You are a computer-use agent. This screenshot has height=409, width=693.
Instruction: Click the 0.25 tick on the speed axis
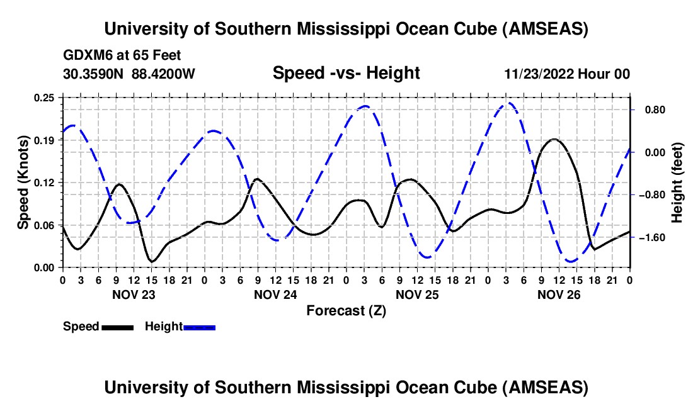pos(45,98)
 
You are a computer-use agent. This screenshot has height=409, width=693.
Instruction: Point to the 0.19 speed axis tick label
pos(45,140)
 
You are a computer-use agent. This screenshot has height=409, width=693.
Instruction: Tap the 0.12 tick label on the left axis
pos(45,182)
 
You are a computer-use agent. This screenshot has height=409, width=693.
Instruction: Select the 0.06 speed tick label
pos(45,225)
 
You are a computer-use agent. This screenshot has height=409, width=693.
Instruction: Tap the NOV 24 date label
pos(275,294)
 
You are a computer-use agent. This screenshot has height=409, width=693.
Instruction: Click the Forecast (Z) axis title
pos(346,310)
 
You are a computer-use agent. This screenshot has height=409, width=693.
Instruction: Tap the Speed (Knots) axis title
pos(23,182)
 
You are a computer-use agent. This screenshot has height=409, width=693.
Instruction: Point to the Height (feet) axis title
pos(677,182)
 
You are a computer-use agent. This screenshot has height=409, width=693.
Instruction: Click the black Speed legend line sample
pos(117,327)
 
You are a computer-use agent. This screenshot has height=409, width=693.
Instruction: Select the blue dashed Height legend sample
pos(200,327)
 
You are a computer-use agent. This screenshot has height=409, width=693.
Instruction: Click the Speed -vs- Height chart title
pos(346,74)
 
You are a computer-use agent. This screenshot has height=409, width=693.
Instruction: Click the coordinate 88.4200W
pos(163,74)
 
